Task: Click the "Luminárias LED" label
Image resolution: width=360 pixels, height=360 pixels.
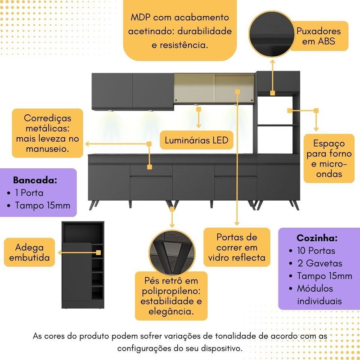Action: [196, 140]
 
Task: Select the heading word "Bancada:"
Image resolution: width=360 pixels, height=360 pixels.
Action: [35, 180]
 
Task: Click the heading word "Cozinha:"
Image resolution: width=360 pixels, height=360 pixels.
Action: [317, 238]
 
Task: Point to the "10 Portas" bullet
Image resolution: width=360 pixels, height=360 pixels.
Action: [316, 251]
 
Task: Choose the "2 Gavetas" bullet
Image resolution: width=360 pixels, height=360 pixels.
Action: [319, 263]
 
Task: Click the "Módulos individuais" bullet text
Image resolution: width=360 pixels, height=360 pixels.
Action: [319, 294]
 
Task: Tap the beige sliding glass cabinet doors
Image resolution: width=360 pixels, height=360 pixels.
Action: [214, 89]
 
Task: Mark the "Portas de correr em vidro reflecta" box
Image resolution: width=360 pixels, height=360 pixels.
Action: [237, 247]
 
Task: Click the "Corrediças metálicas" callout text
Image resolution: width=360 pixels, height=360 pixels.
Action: [48, 133]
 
